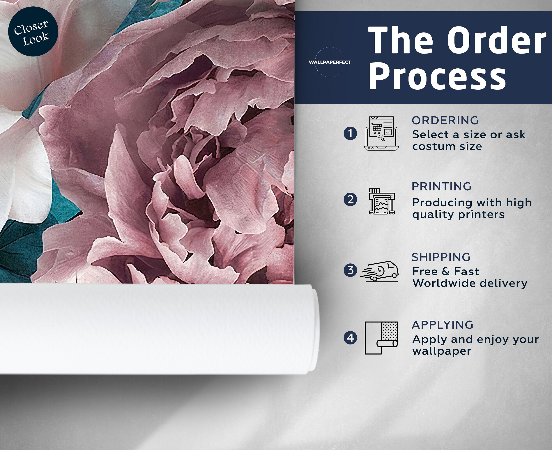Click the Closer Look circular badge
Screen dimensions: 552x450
pos(33,31)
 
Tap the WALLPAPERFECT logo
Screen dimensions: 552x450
pos(330,62)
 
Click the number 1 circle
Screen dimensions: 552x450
pos(350,133)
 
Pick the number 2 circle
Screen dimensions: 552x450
pos(350,200)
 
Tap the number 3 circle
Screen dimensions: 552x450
pos(350,270)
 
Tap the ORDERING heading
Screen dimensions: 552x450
pos(445,120)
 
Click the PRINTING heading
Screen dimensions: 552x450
pos(441,186)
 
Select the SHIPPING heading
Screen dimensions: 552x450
pos(441,257)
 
